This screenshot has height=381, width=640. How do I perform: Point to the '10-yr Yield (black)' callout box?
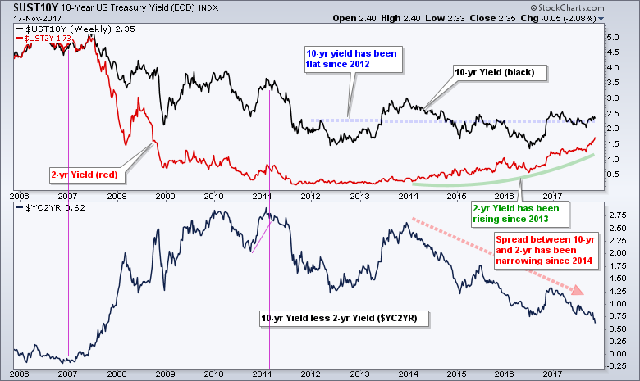[x=495, y=73]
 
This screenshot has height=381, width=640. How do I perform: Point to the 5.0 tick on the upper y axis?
[x=613, y=38]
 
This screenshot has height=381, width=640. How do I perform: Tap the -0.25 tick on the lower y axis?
[x=615, y=365]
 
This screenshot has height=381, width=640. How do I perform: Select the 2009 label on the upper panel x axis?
[x=165, y=197]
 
